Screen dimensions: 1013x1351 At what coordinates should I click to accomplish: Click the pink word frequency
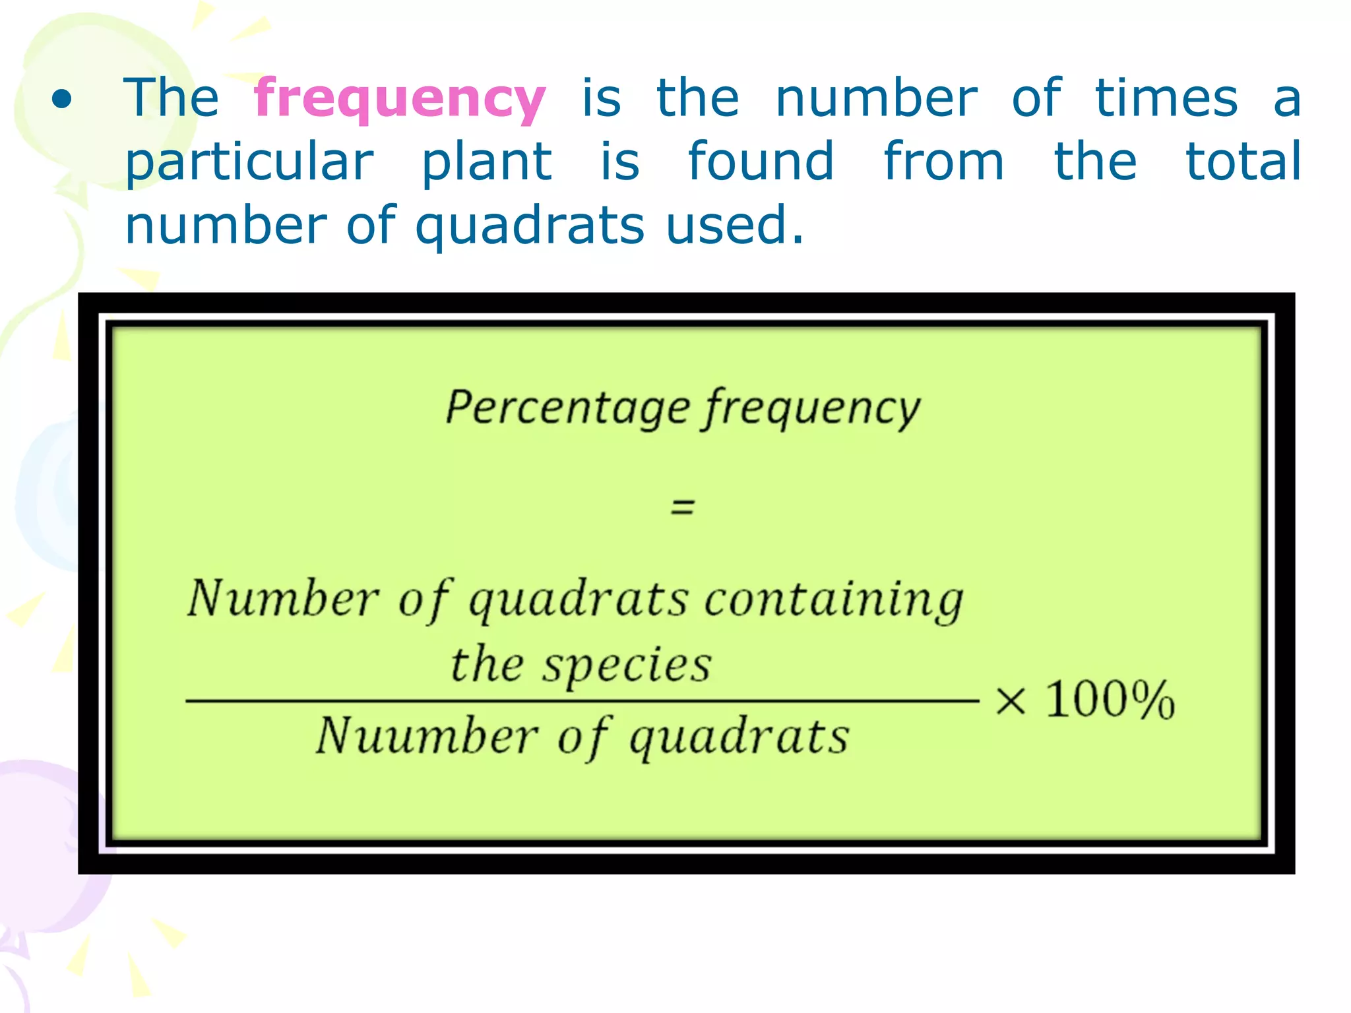click(400, 100)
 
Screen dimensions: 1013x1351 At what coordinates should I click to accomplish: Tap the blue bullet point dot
click(62, 100)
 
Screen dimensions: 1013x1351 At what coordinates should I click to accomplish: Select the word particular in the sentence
click(249, 164)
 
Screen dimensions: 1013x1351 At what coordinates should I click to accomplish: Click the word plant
click(486, 162)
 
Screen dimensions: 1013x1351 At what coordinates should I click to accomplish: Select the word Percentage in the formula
click(567, 408)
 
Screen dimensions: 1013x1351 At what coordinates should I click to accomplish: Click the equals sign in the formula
click(683, 506)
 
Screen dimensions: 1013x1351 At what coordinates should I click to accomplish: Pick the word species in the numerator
click(627, 665)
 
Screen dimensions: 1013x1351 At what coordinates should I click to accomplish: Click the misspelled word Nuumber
click(427, 736)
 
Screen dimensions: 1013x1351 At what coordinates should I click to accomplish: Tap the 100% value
click(1110, 700)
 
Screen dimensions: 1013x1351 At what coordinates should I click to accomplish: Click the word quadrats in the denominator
click(739, 738)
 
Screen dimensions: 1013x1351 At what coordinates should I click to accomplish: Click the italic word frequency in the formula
click(811, 410)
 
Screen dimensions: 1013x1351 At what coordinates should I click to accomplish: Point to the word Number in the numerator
click(284, 599)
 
